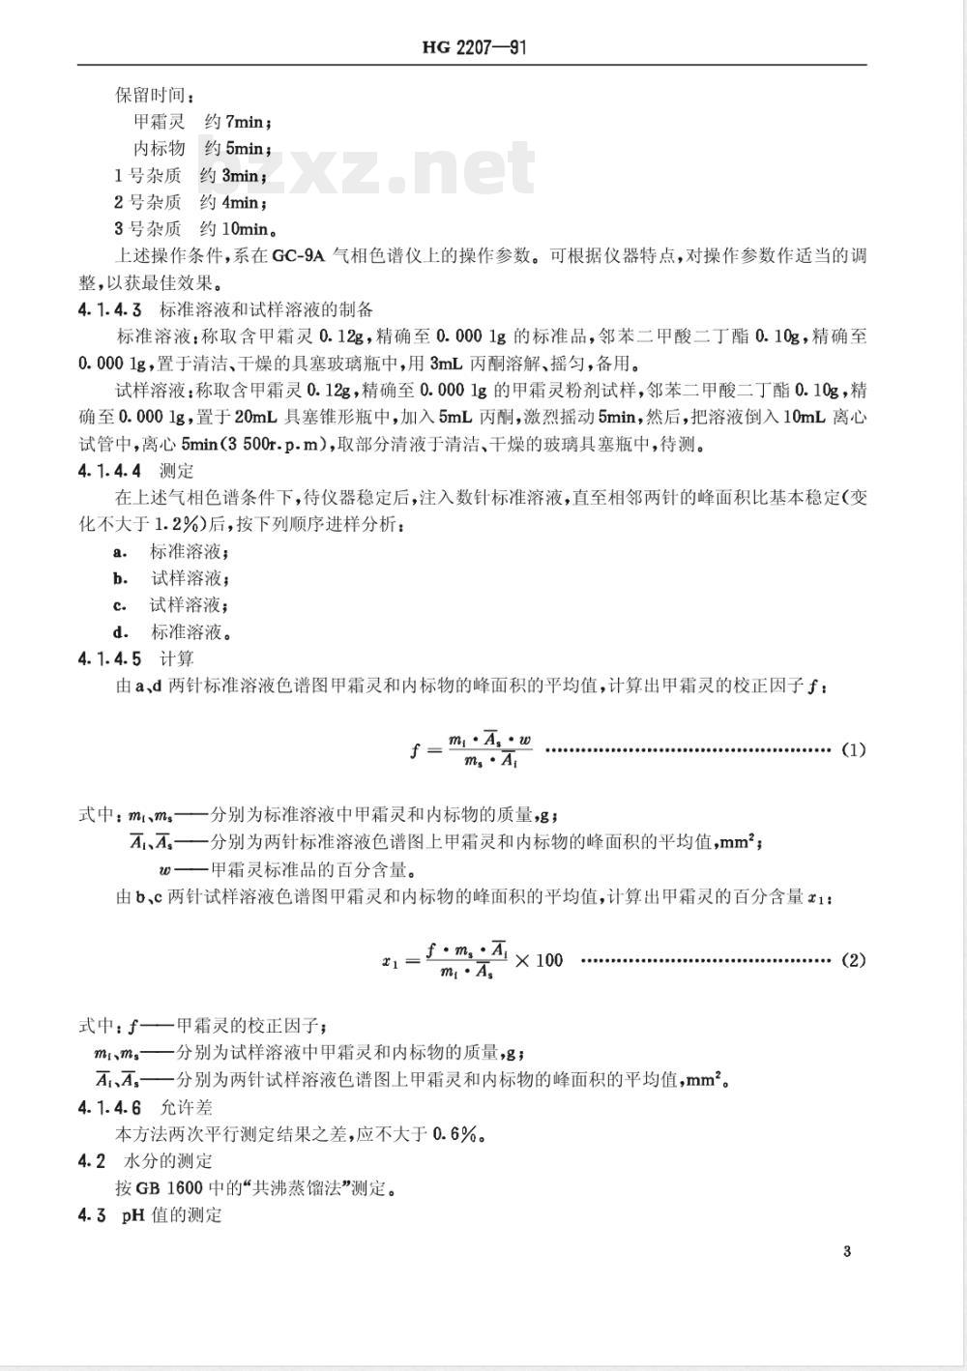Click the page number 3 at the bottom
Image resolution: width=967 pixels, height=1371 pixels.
847,1252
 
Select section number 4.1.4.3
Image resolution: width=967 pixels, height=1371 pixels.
110,310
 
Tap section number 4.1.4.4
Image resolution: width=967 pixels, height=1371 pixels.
110,471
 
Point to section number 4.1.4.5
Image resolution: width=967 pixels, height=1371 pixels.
110,659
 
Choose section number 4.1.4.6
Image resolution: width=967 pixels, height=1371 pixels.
110,1107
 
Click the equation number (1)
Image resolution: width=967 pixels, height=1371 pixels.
853,749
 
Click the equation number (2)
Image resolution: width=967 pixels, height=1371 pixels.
853,960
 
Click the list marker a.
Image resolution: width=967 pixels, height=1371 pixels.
120,552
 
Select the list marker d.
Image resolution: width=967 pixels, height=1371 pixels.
120,633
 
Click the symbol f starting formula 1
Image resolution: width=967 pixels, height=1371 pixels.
417,749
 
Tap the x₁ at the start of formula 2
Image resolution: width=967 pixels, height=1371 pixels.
390,961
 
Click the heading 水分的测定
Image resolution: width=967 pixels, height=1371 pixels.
168,1161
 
